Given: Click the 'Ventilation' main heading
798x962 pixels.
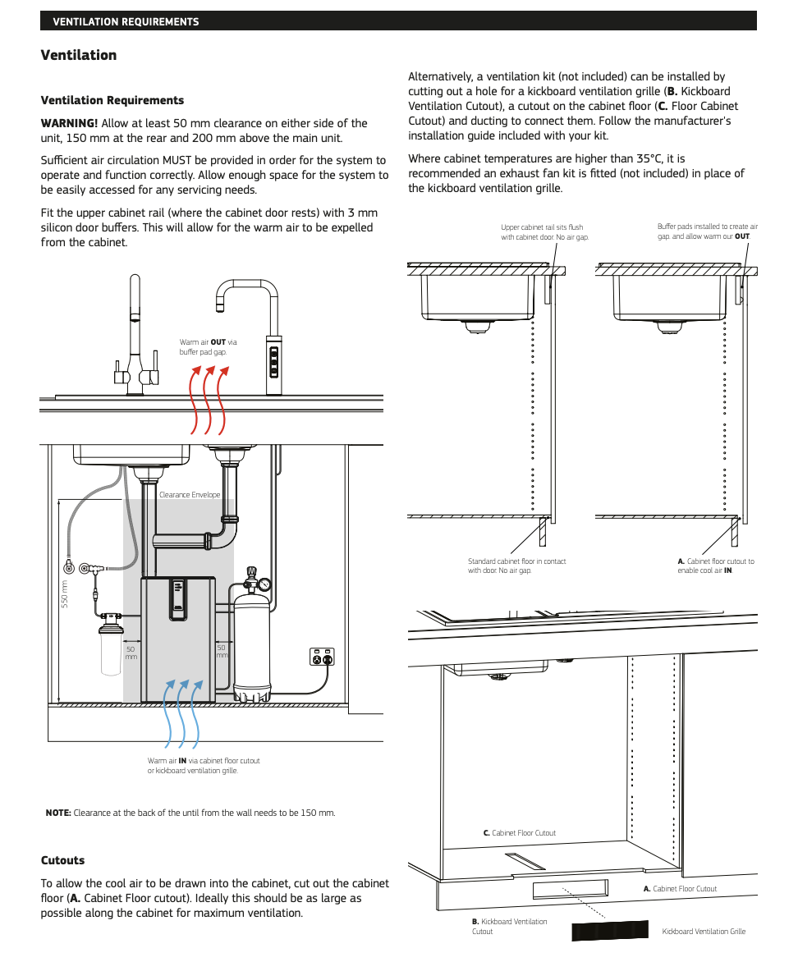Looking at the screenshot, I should [79, 55].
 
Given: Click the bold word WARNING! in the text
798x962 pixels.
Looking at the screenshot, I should [69, 123].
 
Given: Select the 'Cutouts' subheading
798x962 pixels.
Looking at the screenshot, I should [63, 860].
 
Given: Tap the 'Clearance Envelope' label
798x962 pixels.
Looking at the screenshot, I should [190, 495].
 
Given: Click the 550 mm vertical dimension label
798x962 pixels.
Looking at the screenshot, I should [64, 595].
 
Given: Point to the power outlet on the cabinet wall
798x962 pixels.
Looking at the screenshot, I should [322, 657].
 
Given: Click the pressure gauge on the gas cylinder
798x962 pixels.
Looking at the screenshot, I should [265, 585].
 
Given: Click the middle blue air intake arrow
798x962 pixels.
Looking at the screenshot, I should [182, 714].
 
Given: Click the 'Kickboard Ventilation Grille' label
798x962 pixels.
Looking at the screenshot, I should [704, 932].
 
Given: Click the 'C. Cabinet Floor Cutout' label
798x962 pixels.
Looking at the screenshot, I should [519, 833].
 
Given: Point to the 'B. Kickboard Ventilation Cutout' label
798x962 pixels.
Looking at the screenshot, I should [509, 927].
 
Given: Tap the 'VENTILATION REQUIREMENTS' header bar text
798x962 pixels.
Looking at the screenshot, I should [126, 21].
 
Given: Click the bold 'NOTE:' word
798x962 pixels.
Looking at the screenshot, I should [58, 813].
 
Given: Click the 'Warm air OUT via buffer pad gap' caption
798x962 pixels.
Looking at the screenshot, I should [208, 347].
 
